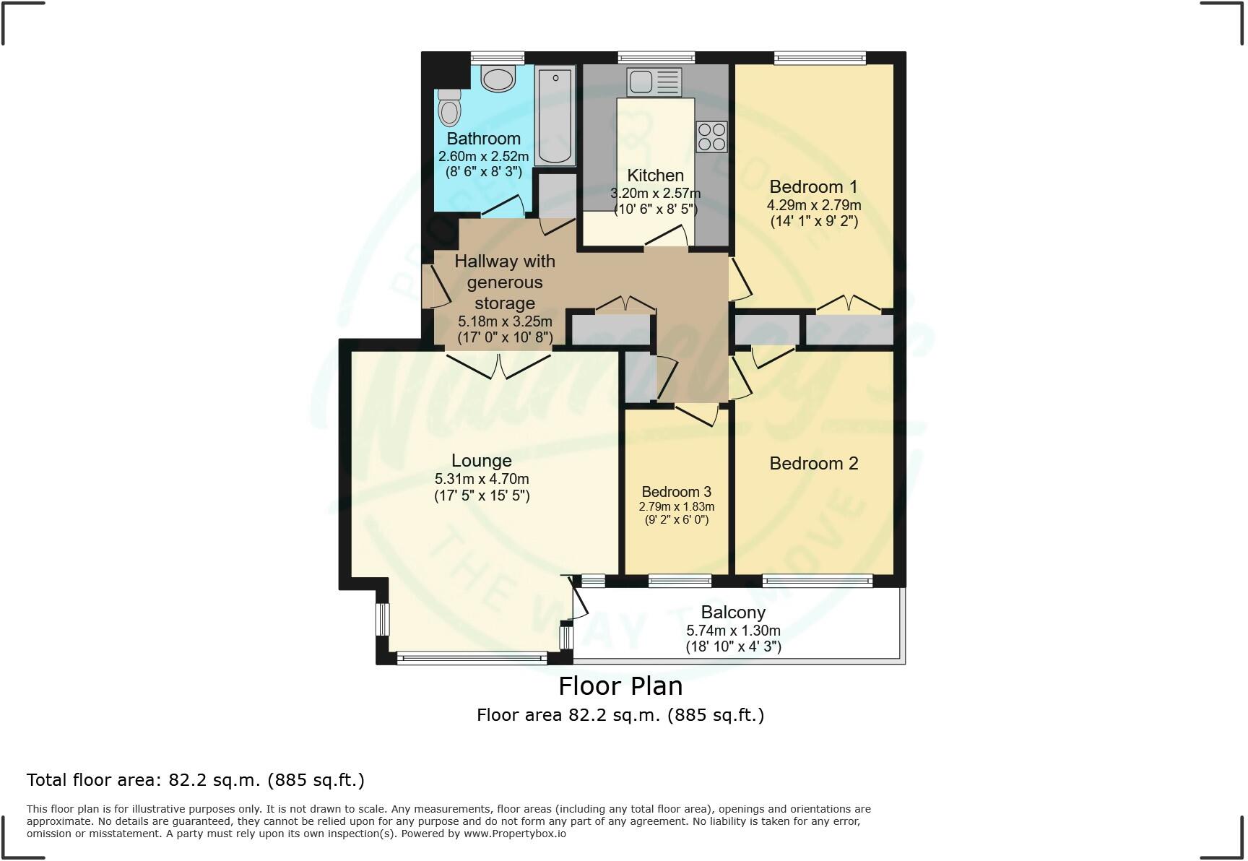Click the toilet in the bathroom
click(449, 108)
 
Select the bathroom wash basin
click(498, 77)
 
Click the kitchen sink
click(654, 82)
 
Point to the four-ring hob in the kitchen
click(711, 137)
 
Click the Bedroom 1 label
click(813, 186)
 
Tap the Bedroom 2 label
click(813, 464)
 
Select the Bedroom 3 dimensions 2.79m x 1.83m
click(676, 507)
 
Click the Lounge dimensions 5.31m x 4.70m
click(482, 479)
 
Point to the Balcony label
click(732, 613)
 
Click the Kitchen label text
click(655, 176)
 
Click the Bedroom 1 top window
click(819, 58)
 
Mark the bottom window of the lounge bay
click(472, 657)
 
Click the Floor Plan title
click(620, 685)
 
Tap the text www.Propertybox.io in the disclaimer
click(514, 834)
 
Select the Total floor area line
click(195, 780)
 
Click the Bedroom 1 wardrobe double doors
click(849, 303)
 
